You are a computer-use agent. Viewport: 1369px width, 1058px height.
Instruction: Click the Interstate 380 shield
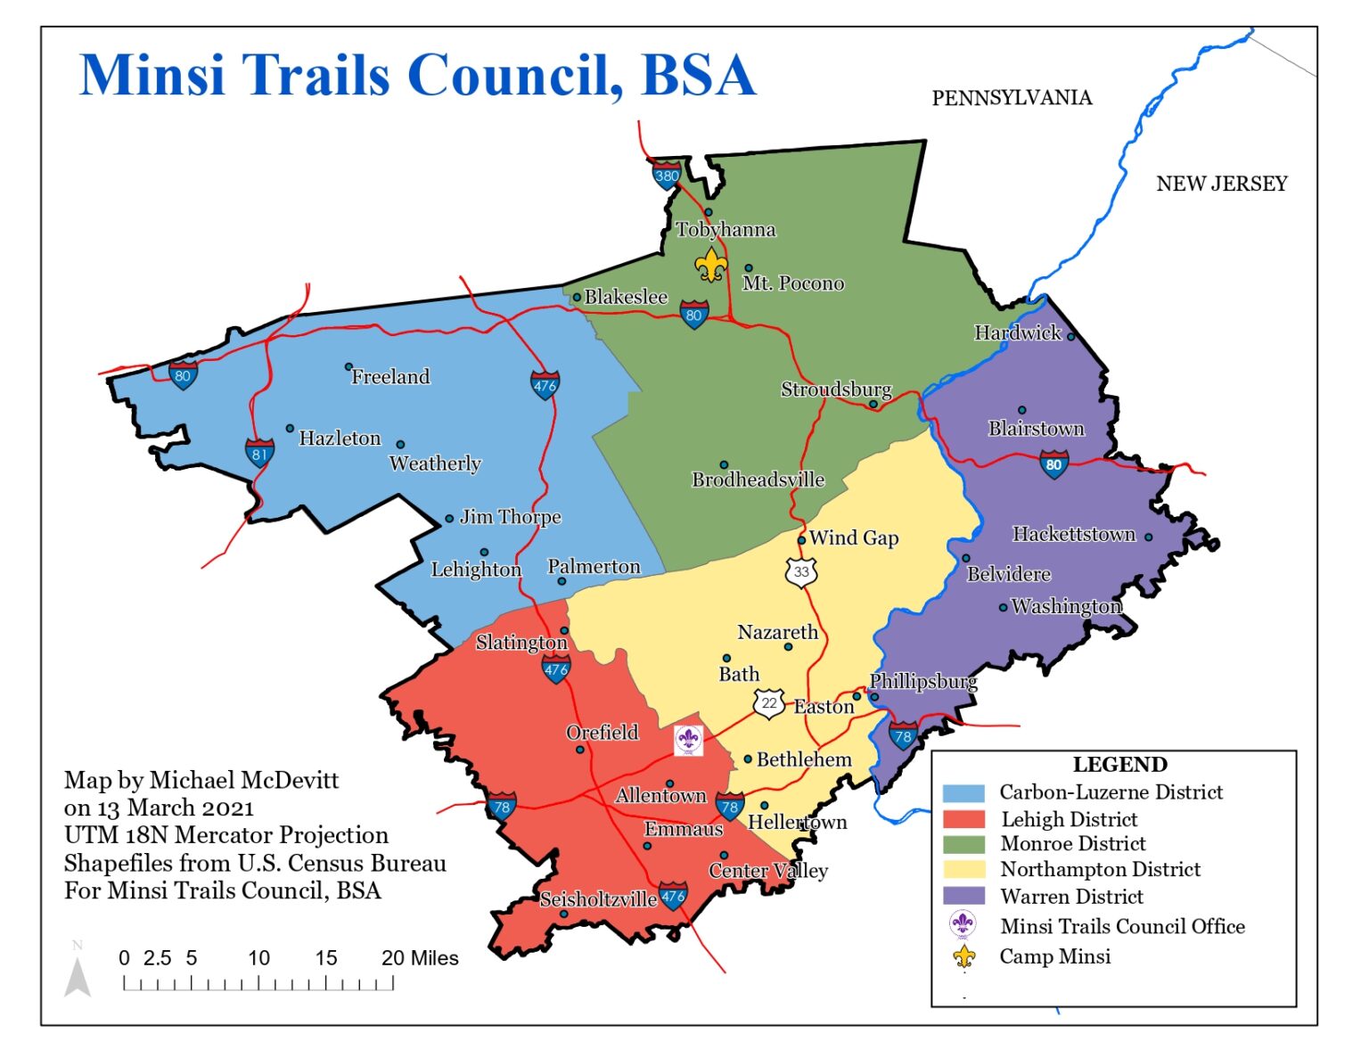(x=667, y=175)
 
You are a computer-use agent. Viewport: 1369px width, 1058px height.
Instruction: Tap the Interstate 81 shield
(x=259, y=453)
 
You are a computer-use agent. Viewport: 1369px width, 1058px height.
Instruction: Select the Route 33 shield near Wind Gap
(x=801, y=571)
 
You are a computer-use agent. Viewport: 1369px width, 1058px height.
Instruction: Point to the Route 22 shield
(x=769, y=702)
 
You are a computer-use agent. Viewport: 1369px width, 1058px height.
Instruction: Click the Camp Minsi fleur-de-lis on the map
(x=710, y=265)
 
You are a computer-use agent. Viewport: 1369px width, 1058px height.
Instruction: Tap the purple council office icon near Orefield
(x=687, y=740)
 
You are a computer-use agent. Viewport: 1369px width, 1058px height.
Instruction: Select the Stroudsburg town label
(x=836, y=389)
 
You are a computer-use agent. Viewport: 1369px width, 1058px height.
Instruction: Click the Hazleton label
(x=340, y=438)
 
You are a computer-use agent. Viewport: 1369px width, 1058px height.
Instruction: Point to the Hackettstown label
(x=1073, y=534)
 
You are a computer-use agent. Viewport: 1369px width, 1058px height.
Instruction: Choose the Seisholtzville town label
(x=598, y=899)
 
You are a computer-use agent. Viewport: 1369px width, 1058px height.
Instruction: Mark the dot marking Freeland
(x=348, y=366)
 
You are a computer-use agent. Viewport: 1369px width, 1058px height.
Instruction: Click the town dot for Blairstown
(x=1022, y=410)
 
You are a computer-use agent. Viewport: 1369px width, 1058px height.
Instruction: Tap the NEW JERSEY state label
(x=1221, y=184)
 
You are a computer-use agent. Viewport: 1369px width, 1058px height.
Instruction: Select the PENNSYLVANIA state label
(x=1012, y=98)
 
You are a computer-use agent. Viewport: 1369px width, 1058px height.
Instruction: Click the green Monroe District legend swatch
(x=963, y=843)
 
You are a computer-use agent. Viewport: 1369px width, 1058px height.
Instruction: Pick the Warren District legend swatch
(x=963, y=895)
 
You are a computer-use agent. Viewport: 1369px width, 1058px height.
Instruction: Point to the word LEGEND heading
(x=1119, y=765)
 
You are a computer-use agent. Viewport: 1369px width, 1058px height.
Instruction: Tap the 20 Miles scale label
(x=420, y=958)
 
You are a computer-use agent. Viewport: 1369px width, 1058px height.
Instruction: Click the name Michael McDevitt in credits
(x=244, y=780)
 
